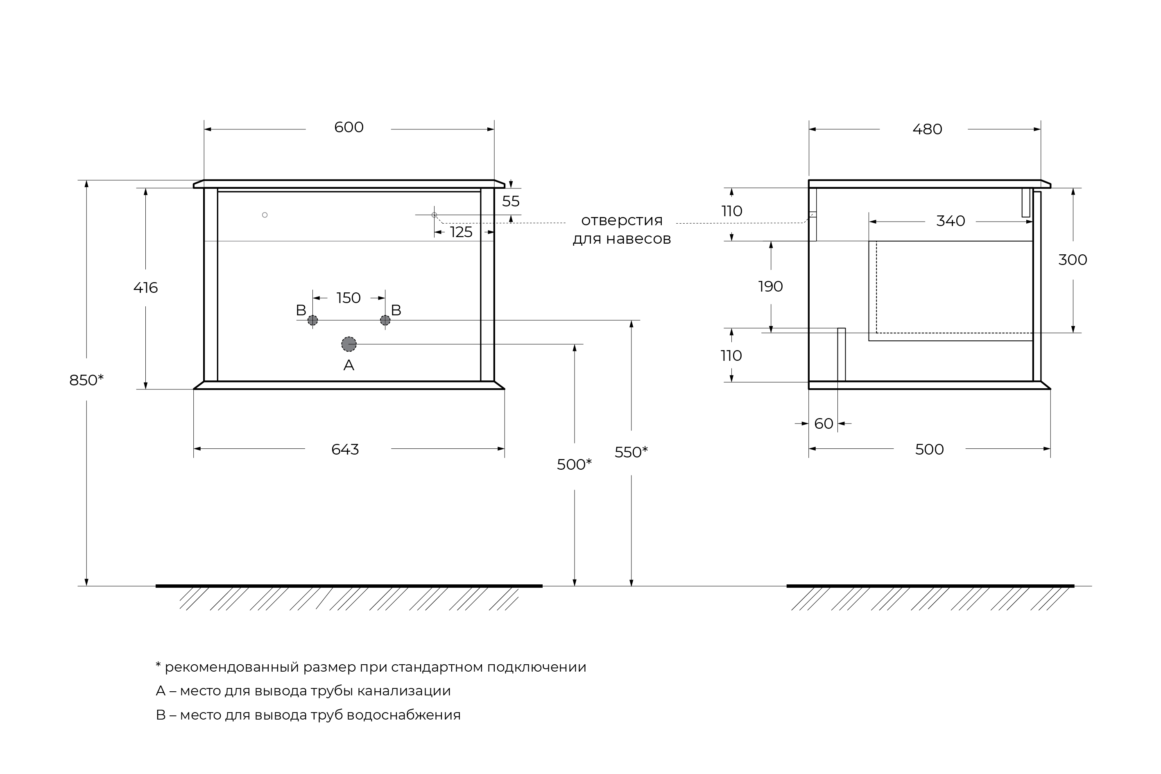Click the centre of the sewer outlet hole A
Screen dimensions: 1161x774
coord(349,344)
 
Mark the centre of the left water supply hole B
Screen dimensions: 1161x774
coord(312,320)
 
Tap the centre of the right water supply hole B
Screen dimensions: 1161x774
coord(385,320)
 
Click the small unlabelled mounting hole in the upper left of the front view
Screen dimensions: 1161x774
coord(265,215)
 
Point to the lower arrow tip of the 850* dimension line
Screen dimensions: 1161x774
coord(86,586)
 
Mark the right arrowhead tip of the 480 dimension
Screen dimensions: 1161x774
coord(1041,129)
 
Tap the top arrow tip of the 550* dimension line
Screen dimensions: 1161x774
coord(631,321)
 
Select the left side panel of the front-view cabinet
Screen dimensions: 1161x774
coord(211,284)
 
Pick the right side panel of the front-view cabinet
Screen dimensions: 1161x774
coord(487,284)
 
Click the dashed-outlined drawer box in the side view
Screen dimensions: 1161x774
coord(955,287)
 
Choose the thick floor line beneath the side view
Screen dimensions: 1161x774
coord(930,586)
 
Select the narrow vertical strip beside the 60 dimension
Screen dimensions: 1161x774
coord(841,354)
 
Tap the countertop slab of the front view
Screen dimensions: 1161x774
coord(349,183)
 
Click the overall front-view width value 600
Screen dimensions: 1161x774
coord(349,127)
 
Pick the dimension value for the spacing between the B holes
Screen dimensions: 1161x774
coord(349,298)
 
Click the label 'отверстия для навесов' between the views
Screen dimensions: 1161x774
coord(622,229)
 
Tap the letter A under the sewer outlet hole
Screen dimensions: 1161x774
coord(349,365)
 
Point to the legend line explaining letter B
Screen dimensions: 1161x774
coord(308,715)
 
